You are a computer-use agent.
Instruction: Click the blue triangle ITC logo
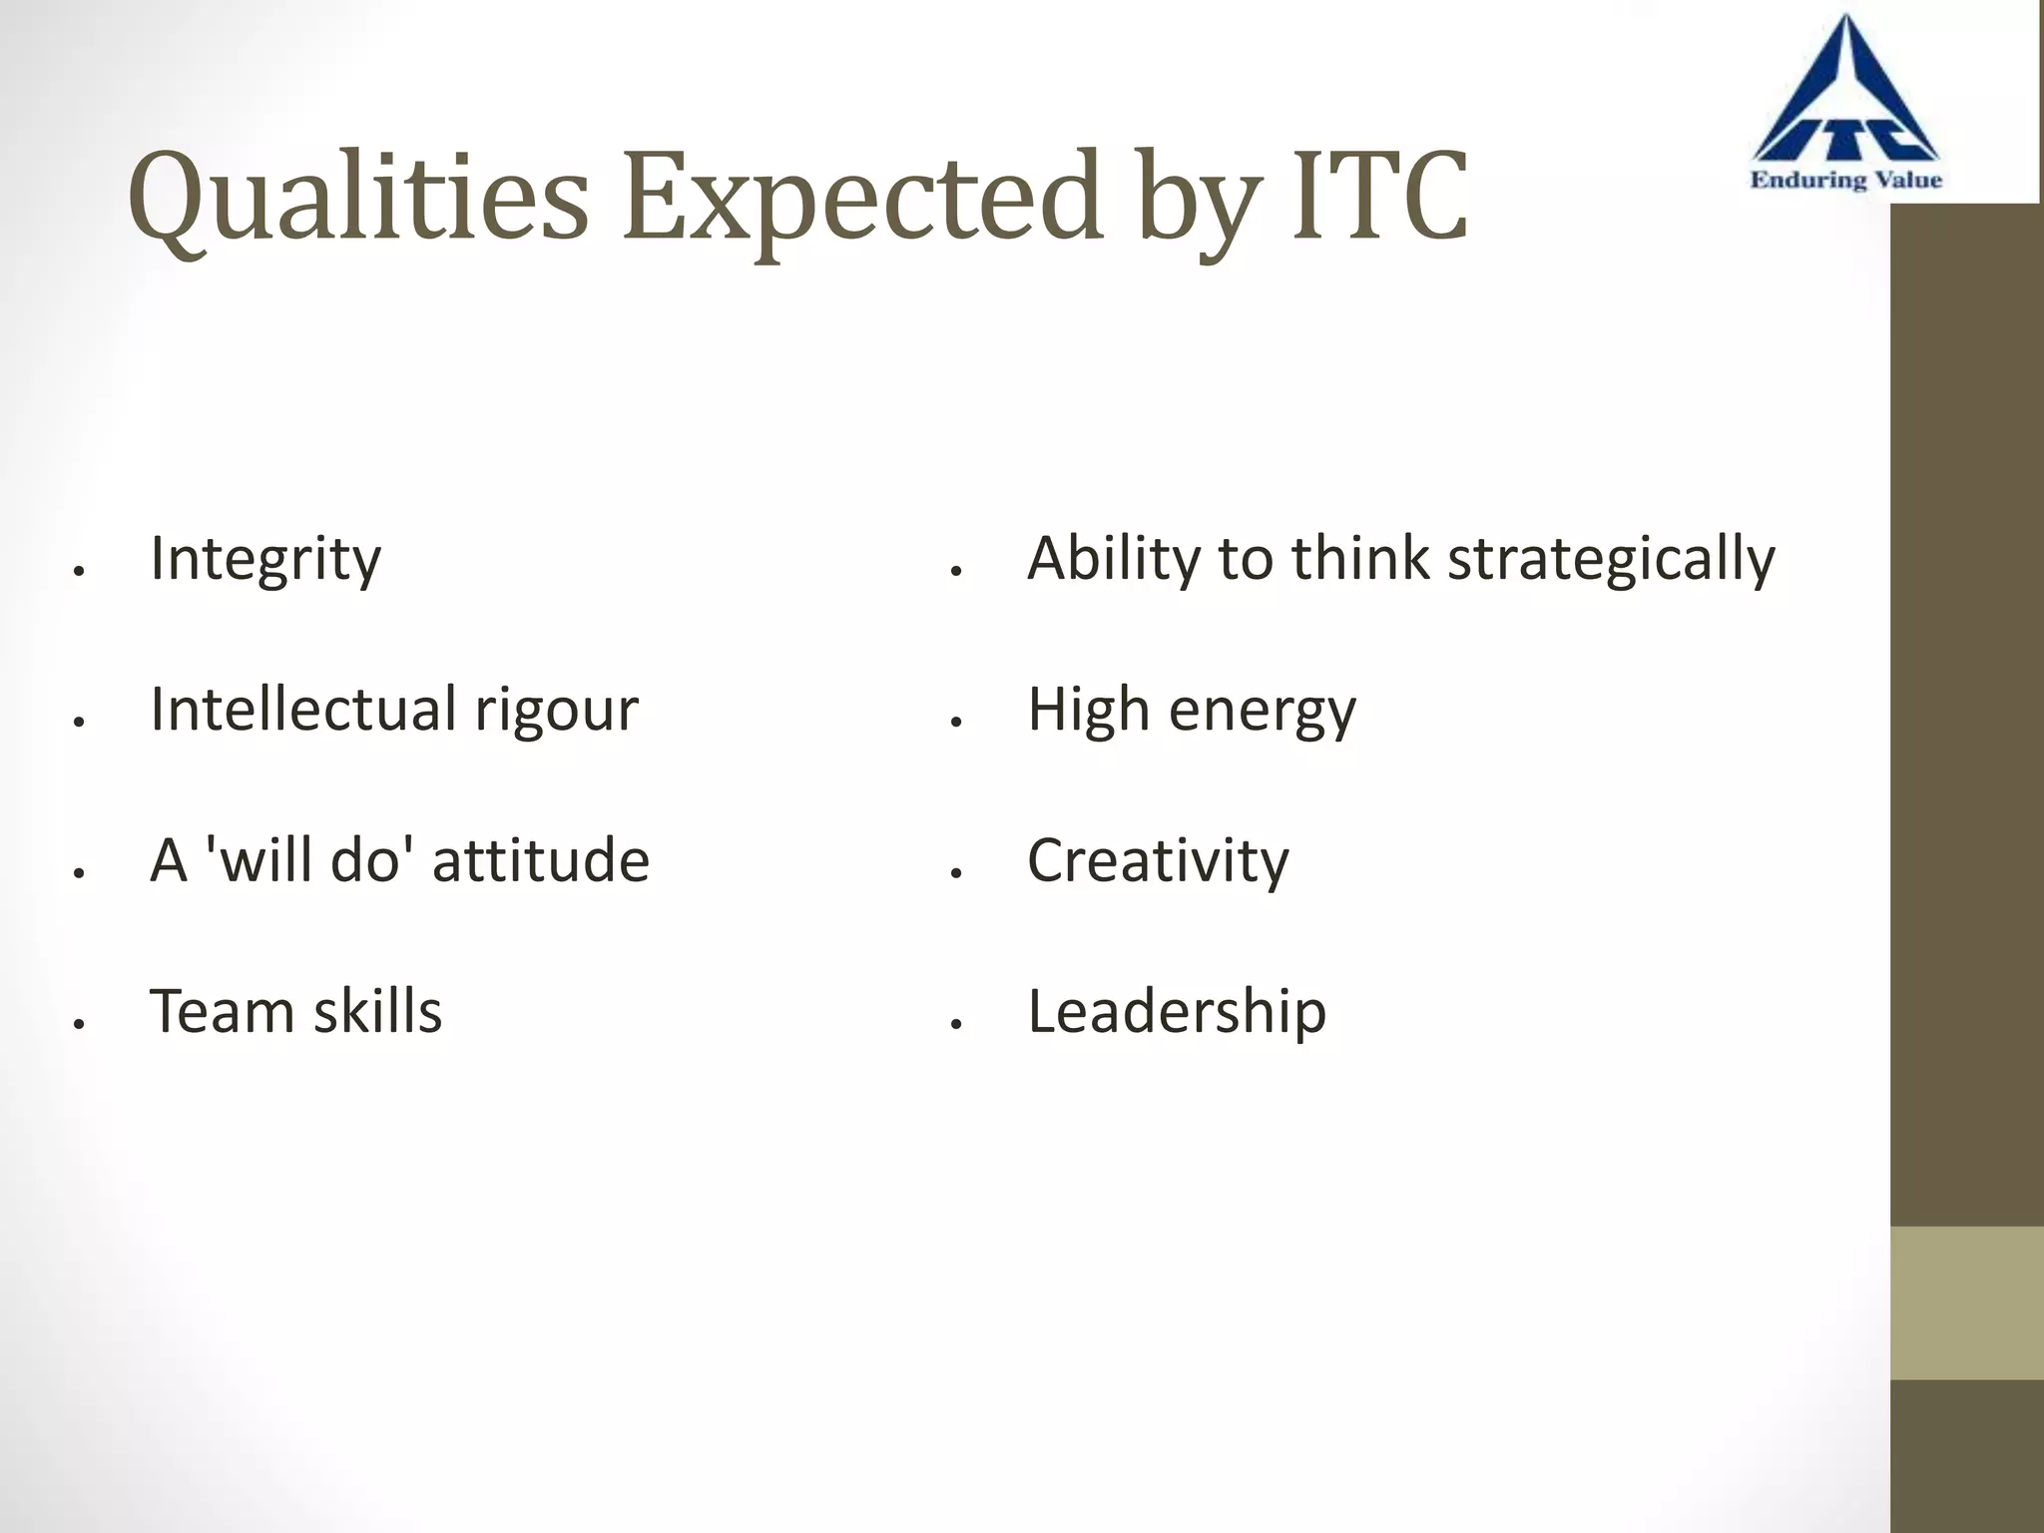pos(1845,100)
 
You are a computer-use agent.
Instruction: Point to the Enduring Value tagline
pos(1845,181)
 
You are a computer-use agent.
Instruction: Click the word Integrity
pos(265,559)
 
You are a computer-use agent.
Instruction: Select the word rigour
pos(556,711)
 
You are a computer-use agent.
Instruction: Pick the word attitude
pos(540,860)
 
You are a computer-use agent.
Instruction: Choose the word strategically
pos(1611,559)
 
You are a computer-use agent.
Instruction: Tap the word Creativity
pos(1158,861)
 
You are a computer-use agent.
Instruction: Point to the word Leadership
pos(1177,1012)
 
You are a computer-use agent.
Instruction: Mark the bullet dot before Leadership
pos(956,1024)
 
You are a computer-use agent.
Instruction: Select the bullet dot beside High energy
pos(956,722)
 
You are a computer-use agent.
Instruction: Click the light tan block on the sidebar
pos(1966,1302)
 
